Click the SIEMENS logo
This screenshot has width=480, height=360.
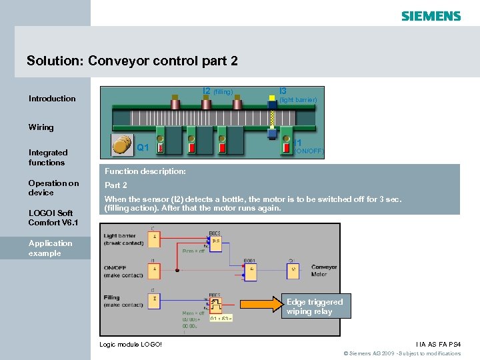(x=431, y=16)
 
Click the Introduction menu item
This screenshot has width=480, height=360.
(x=52, y=99)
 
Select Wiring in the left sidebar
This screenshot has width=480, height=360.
(x=41, y=127)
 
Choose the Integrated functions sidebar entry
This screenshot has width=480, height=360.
(x=48, y=157)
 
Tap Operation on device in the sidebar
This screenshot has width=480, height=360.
(x=53, y=188)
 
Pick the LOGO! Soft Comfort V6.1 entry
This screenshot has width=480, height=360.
(x=51, y=218)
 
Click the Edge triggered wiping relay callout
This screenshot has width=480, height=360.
(x=315, y=307)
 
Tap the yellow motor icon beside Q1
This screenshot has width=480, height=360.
(x=122, y=145)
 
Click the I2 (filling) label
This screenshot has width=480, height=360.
(x=217, y=91)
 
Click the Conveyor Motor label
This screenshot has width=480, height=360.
(x=325, y=271)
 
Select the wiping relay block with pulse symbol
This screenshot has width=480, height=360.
(x=216, y=305)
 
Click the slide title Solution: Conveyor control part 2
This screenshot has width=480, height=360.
(x=132, y=61)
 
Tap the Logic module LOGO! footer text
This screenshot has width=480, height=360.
(x=130, y=344)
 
